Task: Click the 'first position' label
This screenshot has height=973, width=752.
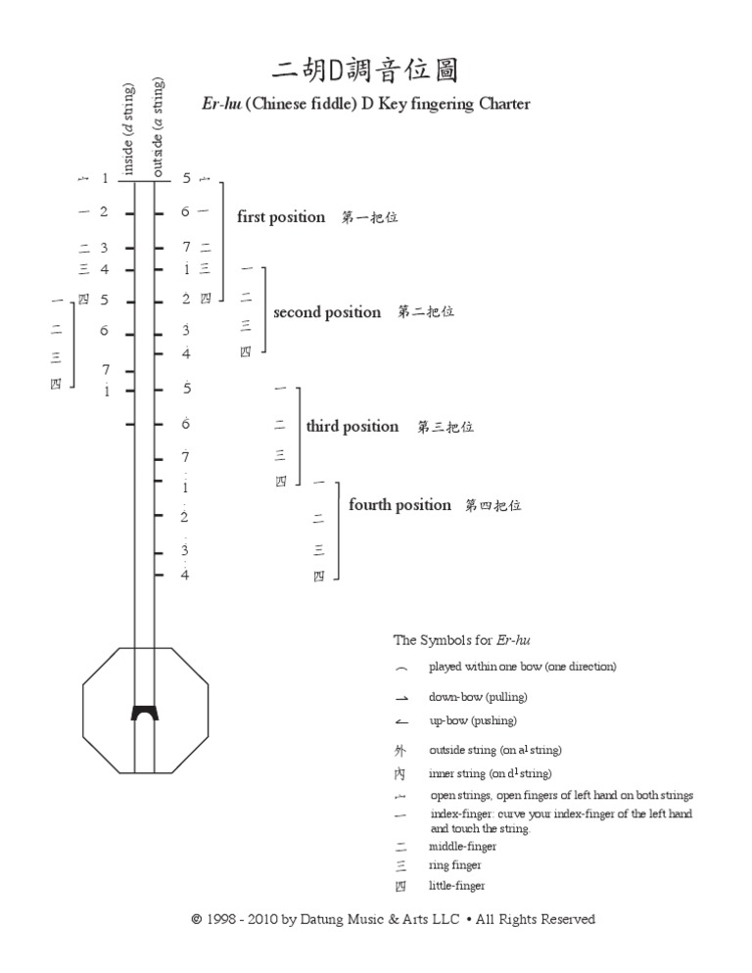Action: [281, 217]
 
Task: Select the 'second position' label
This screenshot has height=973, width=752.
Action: [327, 312]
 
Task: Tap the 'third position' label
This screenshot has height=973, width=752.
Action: [352, 426]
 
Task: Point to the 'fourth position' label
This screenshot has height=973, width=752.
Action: [399, 505]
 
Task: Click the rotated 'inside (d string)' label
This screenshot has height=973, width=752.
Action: [128, 129]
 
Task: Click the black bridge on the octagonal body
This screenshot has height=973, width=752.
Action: [145, 711]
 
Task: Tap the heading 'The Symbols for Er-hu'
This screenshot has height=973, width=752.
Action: [453, 640]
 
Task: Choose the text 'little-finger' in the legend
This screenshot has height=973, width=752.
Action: [456, 886]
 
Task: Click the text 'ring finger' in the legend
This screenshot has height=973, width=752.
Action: [454, 865]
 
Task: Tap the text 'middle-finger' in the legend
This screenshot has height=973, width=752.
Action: [462, 846]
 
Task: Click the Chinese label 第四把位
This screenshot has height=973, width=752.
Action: [493, 506]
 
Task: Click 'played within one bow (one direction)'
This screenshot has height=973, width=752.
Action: [522, 667]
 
